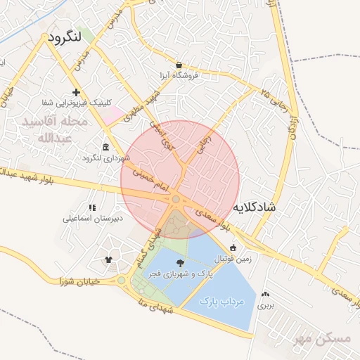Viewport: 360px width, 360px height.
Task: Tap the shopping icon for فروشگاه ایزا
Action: coord(179,65)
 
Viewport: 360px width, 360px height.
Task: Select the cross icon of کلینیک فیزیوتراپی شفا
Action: coord(76,93)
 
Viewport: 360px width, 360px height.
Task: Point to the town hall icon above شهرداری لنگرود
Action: coord(105,147)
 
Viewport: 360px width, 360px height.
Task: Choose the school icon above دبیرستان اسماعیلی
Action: coord(92,207)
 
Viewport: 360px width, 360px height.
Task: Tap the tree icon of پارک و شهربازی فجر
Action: coord(181,263)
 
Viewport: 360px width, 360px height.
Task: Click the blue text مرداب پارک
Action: coord(221,301)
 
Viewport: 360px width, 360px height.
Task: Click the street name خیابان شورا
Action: coord(75,280)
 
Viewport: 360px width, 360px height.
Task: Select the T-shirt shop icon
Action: coord(108,259)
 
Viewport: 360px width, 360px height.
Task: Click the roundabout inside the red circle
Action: coord(175,200)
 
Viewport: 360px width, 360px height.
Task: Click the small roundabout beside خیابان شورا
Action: coord(121,281)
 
